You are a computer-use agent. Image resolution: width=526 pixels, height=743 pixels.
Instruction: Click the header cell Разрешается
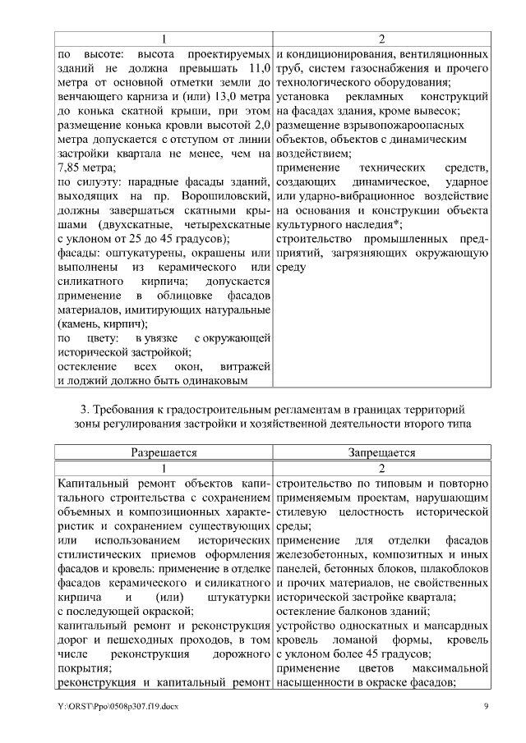164,452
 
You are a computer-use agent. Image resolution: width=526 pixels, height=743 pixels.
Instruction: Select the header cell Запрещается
381,452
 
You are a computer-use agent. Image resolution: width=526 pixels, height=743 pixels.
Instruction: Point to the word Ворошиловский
232,194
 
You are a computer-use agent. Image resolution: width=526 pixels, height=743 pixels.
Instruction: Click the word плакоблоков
454,569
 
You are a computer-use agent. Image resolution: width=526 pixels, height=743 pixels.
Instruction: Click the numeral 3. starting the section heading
85,408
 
